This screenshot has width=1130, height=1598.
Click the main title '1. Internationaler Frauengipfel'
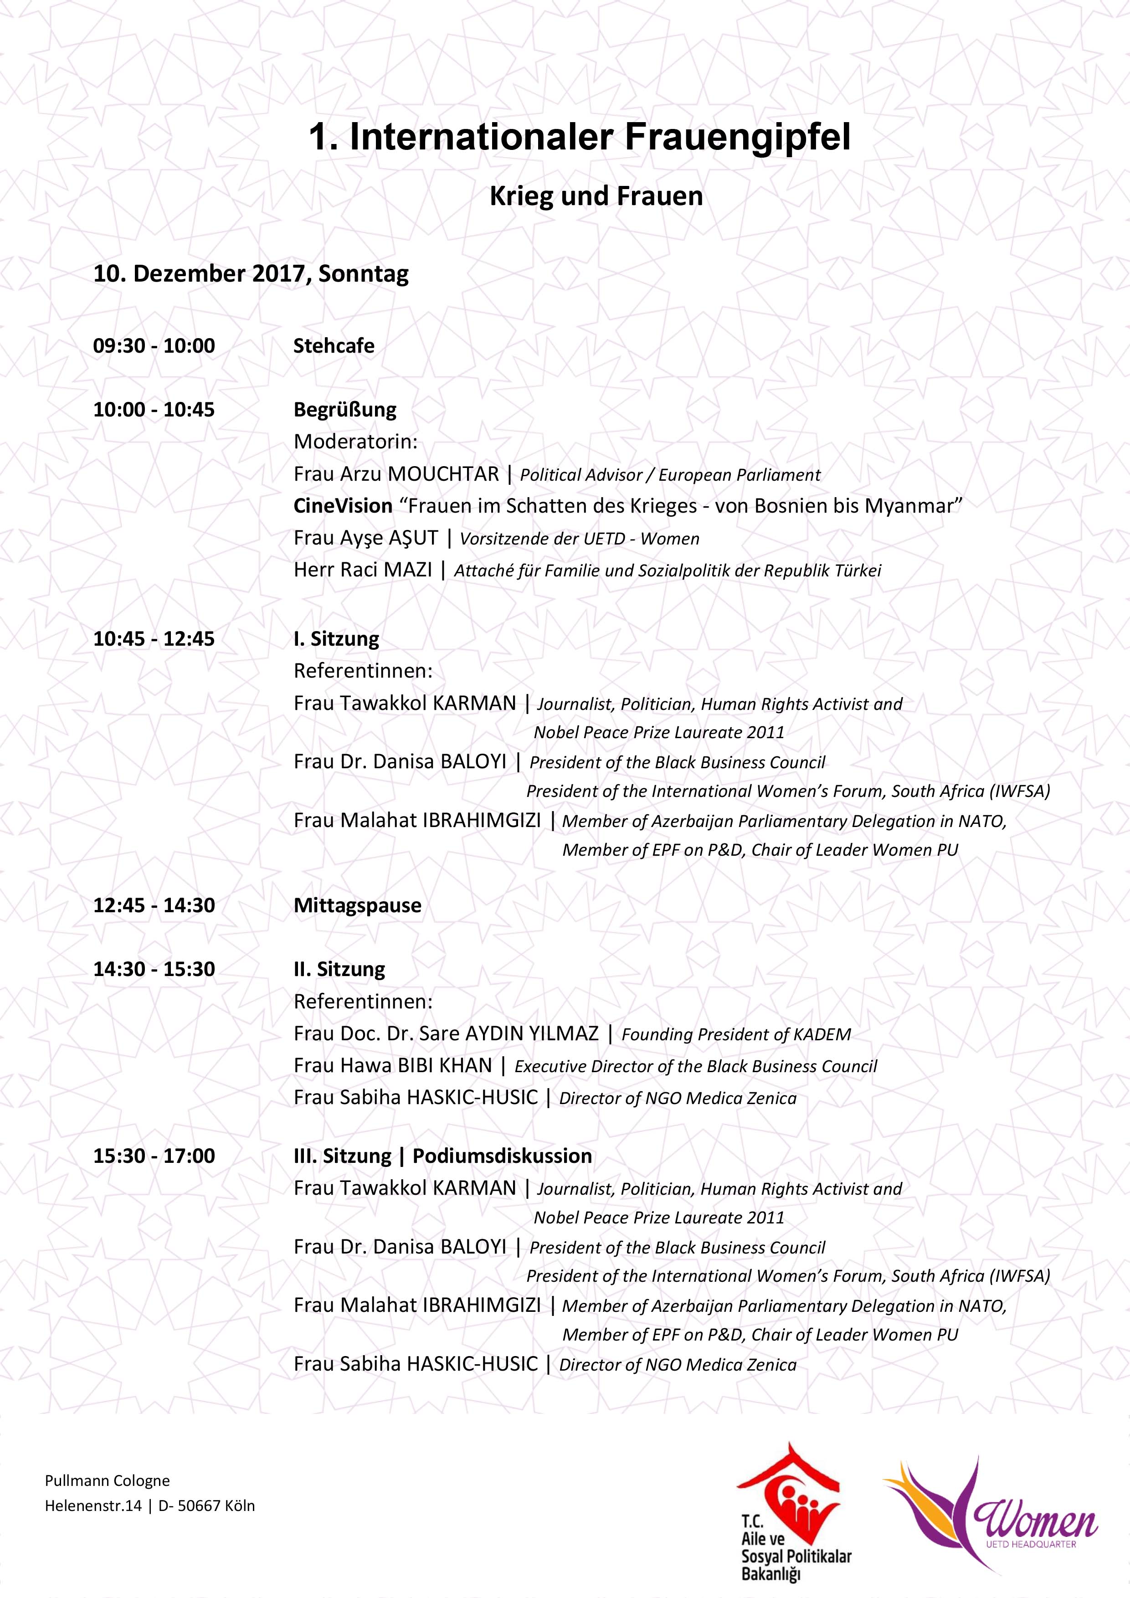coord(580,138)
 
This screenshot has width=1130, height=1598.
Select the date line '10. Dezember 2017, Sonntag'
coord(251,273)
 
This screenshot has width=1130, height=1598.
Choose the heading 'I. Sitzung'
coord(336,638)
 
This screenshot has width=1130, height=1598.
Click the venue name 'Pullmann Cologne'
coord(107,1480)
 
